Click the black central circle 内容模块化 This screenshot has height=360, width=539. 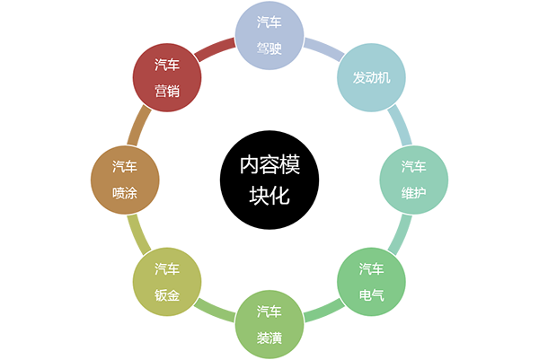[x=269, y=180]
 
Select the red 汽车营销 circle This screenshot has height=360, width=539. [x=166, y=78]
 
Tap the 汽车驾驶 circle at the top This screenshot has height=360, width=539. [x=269, y=35]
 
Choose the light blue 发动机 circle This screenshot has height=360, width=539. [x=371, y=78]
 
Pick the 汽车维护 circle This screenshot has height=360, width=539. [x=414, y=180]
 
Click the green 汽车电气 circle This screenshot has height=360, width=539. [x=371, y=281]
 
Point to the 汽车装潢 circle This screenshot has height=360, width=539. [x=269, y=324]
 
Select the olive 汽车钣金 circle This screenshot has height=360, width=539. [x=166, y=281]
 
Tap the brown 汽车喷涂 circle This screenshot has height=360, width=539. [x=125, y=180]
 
